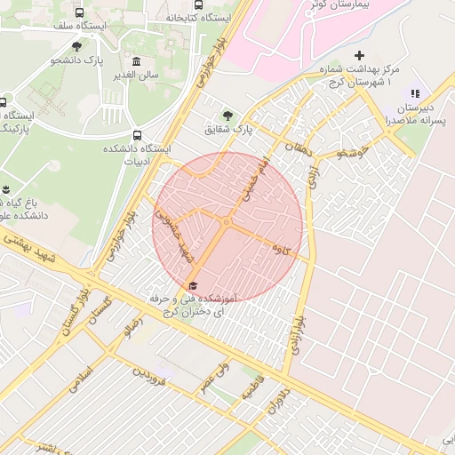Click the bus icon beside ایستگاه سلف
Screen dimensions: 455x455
pyautogui.click(x=80, y=13)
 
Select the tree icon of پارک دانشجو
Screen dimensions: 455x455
pyautogui.click(x=76, y=46)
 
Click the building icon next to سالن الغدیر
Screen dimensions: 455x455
pyautogui.click(x=136, y=61)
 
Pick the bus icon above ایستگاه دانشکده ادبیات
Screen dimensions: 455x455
pyautogui.click(x=136, y=135)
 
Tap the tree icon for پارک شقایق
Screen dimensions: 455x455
pyautogui.click(x=229, y=116)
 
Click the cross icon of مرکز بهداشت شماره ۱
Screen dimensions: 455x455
pyautogui.click(x=359, y=56)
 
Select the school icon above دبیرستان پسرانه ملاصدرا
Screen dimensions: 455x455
pyautogui.click(x=413, y=93)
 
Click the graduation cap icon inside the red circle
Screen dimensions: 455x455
pyautogui.click(x=192, y=285)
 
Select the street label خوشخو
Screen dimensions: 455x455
pyautogui.click(x=352, y=153)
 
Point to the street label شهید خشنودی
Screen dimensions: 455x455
pyautogui.click(x=174, y=235)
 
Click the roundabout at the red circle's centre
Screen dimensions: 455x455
pyautogui.click(x=227, y=222)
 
